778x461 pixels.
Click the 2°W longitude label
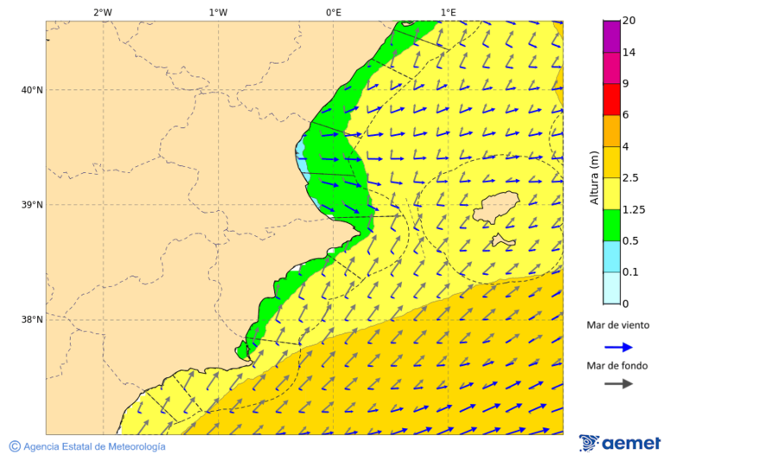(102, 12)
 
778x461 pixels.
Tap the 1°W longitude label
(218, 12)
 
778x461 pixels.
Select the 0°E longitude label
(333, 12)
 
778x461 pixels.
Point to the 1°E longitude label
(448, 12)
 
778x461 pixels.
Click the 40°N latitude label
(31, 90)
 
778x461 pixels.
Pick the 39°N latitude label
(31, 205)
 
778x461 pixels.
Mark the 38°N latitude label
(31, 320)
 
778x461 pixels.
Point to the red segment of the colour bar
(611, 99)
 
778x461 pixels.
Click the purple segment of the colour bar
(611, 35)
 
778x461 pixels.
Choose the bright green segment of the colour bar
(611, 225)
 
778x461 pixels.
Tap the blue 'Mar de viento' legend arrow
(618, 347)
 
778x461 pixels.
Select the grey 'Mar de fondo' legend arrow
(618, 384)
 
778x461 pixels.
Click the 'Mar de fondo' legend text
(617, 366)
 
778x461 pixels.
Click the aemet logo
(620, 443)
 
